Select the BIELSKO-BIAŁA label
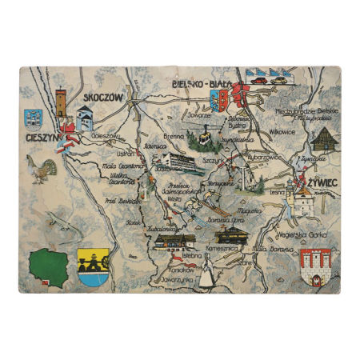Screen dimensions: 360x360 [x=207, y=83]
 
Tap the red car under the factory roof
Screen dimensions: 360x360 [x=258, y=80]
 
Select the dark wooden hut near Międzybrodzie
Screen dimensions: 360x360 [x=322, y=141]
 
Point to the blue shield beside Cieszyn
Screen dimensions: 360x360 [x=33, y=118]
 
